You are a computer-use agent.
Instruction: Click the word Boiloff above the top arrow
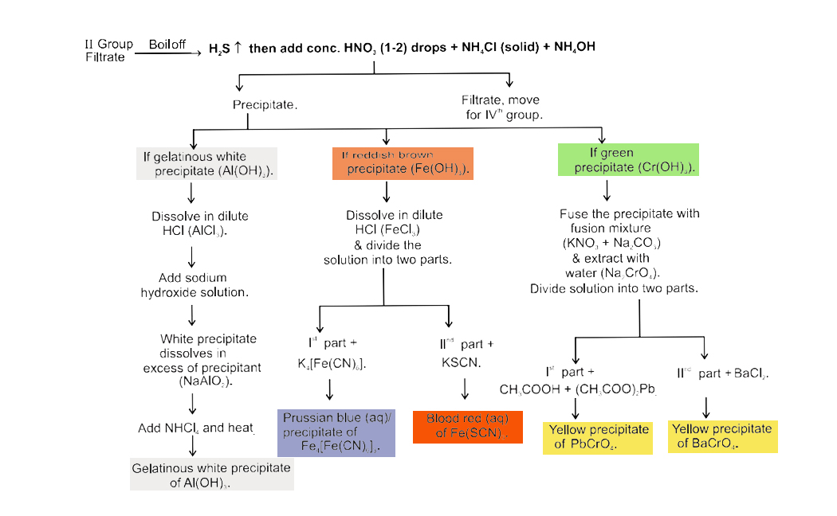pos(167,45)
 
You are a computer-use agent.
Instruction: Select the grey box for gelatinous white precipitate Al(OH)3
pos(206,164)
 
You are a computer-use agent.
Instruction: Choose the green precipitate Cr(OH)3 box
pos(628,159)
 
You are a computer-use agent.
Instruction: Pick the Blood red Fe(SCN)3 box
pos(467,426)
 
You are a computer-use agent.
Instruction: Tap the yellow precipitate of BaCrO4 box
pos(722,436)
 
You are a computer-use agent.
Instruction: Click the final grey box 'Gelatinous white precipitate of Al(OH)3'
pos(211,475)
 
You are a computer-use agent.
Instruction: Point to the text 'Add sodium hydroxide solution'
pos(195,285)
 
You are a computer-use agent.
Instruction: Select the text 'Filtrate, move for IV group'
pos(500,107)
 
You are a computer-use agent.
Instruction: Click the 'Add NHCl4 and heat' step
pos(196,428)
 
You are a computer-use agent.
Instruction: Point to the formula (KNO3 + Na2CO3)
pos(611,243)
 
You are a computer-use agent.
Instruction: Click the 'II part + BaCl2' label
pos(722,373)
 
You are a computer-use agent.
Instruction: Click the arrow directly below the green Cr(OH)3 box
pos(607,190)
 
